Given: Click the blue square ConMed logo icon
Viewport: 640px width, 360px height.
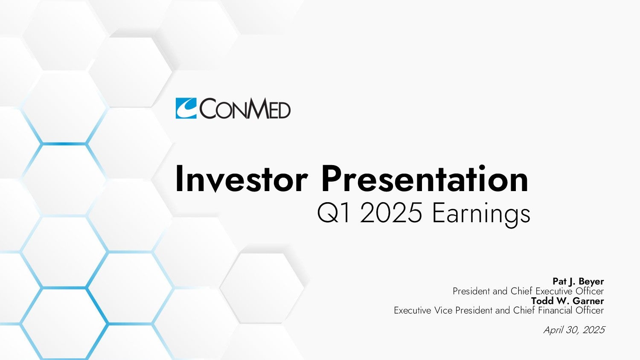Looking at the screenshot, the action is pyautogui.click(x=186, y=108).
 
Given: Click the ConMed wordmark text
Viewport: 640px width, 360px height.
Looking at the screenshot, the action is pyautogui.click(x=245, y=108).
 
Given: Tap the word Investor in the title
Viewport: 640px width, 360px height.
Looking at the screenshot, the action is pyautogui.click(x=242, y=179).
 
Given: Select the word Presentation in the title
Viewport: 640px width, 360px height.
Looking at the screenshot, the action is pyautogui.click(x=425, y=179).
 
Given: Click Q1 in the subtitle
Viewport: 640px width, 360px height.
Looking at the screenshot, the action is pyautogui.click(x=333, y=213).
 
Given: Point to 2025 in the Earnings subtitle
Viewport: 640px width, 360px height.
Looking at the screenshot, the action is pyautogui.click(x=391, y=213).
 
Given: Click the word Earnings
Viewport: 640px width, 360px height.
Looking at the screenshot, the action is pyautogui.click(x=481, y=214).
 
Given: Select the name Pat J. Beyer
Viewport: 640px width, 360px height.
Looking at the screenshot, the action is pyautogui.click(x=578, y=282).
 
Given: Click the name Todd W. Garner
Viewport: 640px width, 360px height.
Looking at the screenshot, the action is pyautogui.click(x=567, y=301).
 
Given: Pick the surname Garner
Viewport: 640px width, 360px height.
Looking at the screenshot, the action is pyautogui.click(x=588, y=301).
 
